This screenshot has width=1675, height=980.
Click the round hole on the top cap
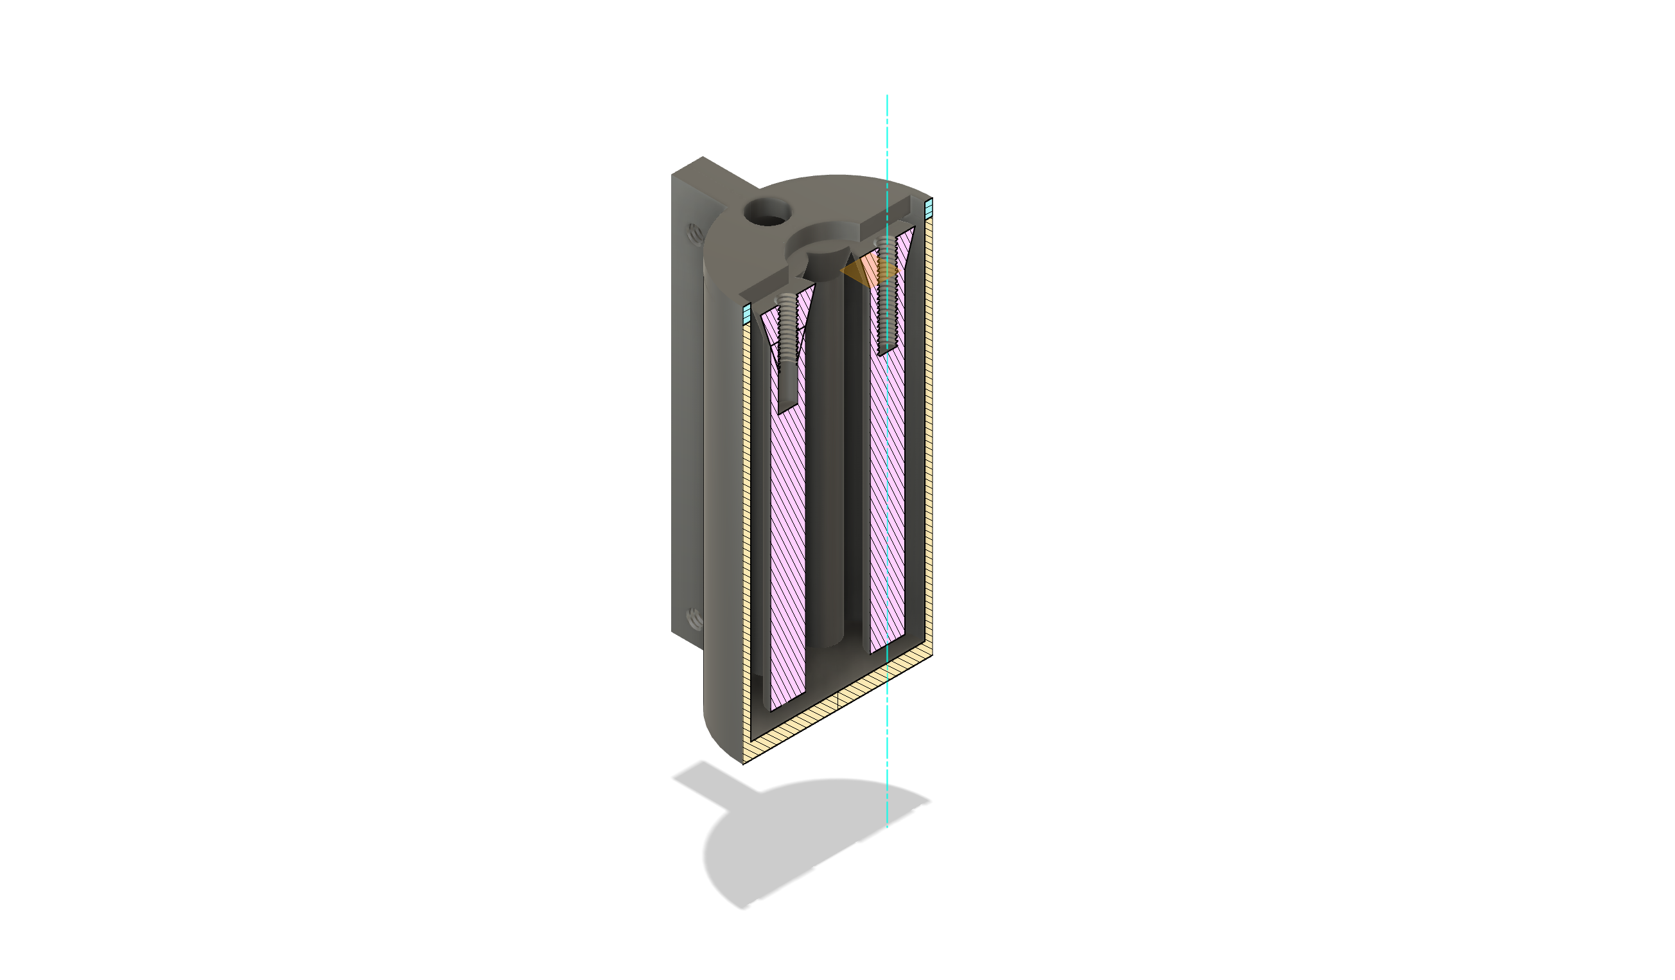pos(767,213)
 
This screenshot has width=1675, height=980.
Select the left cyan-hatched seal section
pos(746,313)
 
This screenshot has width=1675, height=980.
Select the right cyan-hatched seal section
pos(929,209)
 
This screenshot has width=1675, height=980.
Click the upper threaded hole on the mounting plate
pos(694,233)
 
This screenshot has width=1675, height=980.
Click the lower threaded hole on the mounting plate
pos(694,619)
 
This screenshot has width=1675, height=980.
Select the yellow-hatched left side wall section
pos(746,532)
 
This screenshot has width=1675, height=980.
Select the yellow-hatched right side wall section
pos(929,432)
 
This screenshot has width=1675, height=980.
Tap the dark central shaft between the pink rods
pos(824,465)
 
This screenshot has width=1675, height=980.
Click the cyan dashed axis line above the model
pos(887,133)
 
